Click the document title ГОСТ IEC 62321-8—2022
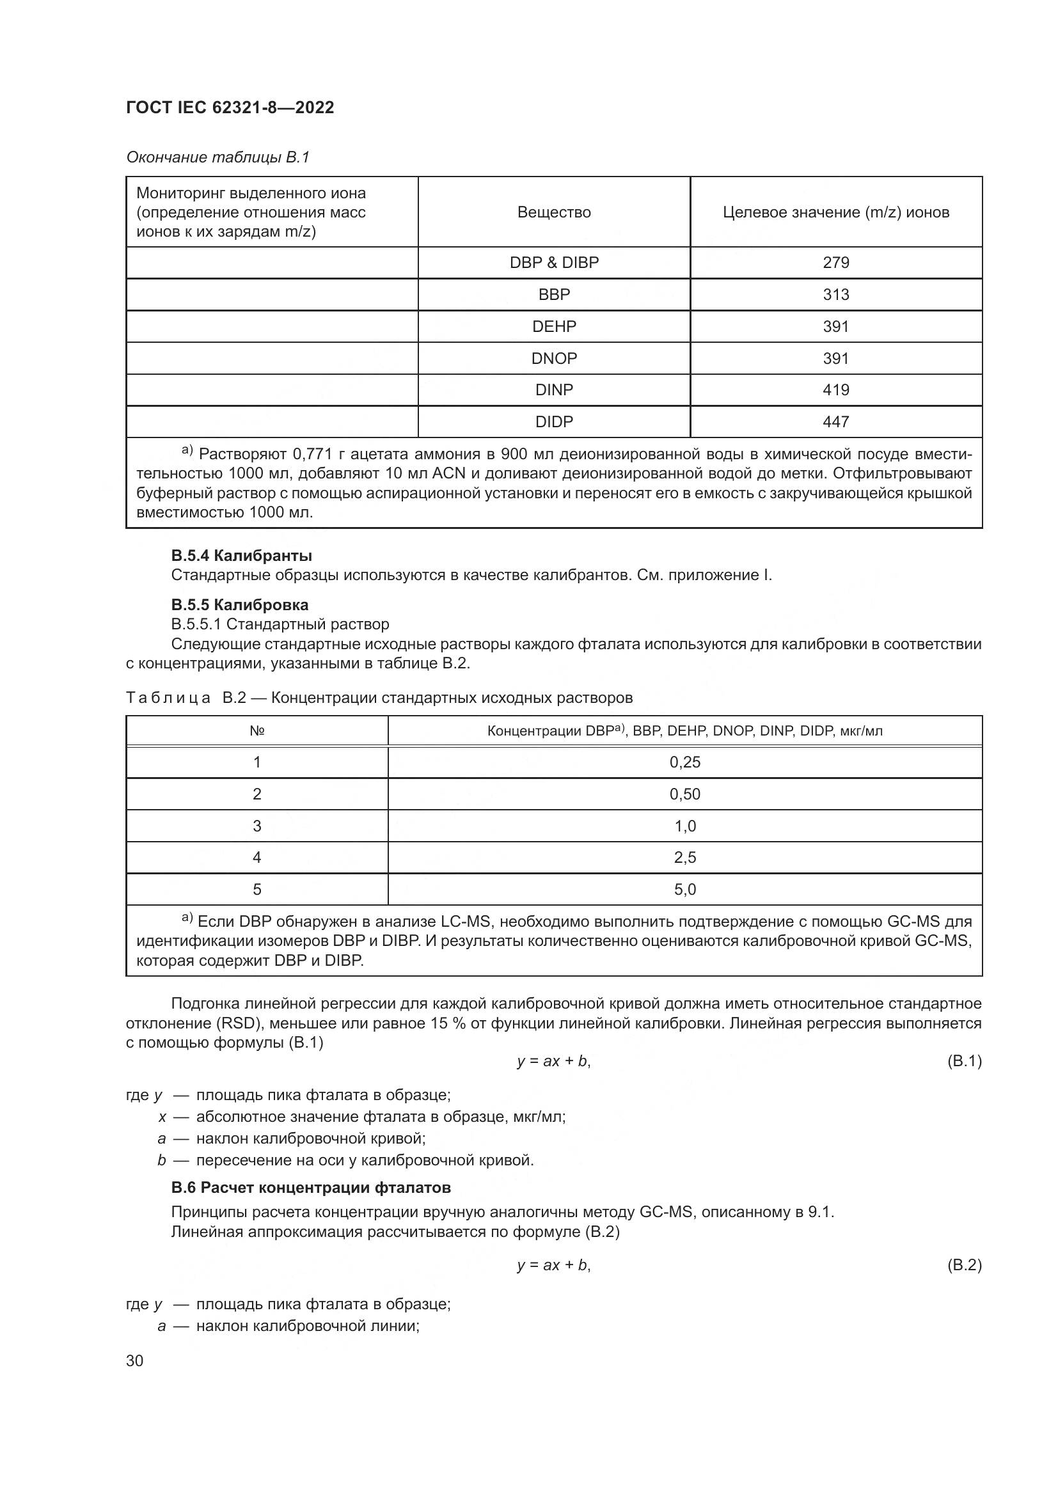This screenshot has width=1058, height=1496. click(x=230, y=107)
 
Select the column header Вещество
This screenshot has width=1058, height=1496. click(x=554, y=212)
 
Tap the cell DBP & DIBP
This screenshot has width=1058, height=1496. click(x=554, y=263)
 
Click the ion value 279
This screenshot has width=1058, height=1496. click(x=836, y=263)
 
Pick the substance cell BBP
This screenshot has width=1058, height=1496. click(x=554, y=294)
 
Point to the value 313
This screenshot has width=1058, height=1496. click(x=836, y=294)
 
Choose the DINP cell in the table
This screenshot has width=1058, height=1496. click(x=554, y=390)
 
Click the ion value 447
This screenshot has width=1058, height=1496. click(x=836, y=421)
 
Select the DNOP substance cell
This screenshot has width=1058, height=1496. click(x=554, y=358)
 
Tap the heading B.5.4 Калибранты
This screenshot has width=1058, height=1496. click(x=241, y=556)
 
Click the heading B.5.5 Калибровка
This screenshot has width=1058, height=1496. click(x=239, y=604)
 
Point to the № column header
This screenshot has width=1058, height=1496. click(x=257, y=731)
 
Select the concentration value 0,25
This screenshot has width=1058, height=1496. click(x=684, y=762)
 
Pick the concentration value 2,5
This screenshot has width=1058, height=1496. click(x=684, y=858)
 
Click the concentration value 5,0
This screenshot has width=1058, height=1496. click(x=684, y=890)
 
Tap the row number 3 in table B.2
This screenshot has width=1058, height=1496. click(x=257, y=826)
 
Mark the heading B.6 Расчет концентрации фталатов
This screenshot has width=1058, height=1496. click(x=311, y=1188)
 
